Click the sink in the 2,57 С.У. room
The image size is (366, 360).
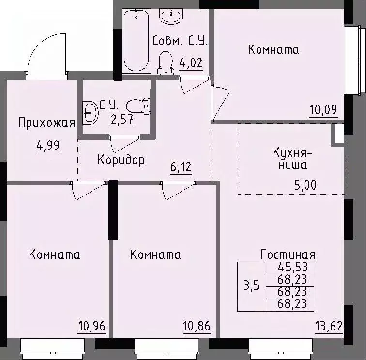(x=90, y=113)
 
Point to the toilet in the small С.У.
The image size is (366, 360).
(x=139, y=105)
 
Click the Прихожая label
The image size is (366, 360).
(x=47, y=122)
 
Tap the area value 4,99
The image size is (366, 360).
(x=48, y=146)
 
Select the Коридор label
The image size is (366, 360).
(x=121, y=160)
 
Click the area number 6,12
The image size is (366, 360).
(x=181, y=167)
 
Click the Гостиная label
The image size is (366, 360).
(x=288, y=255)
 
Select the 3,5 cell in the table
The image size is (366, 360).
(x=252, y=285)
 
